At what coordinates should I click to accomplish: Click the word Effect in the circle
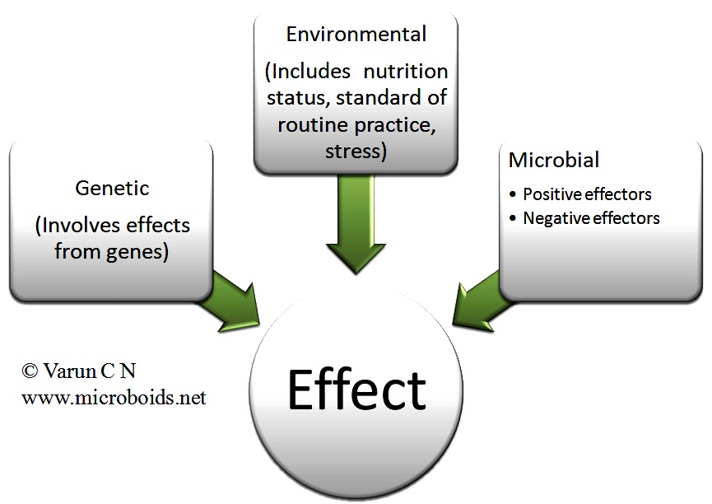pyautogui.click(x=356, y=390)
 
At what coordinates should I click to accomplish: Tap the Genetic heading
pyautogui.click(x=112, y=189)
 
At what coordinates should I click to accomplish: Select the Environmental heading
pyautogui.click(x=356, y=35)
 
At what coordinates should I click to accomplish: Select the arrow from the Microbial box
pyautogui.click(x=482, y=297)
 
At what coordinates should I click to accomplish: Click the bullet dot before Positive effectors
pyautogui.click(x=514, y=195)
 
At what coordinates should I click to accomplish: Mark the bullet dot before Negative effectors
pyautogui.click(x=514, y=219)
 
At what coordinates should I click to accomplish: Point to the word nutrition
pyautogui.click(x=407, y=71)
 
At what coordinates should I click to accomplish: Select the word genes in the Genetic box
pyautogui.click(x=137, y=251)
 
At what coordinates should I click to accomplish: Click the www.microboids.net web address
pyautogui.click(x=114, y=398)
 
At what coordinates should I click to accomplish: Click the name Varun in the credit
pyautogui.click(x=67, y=371)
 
